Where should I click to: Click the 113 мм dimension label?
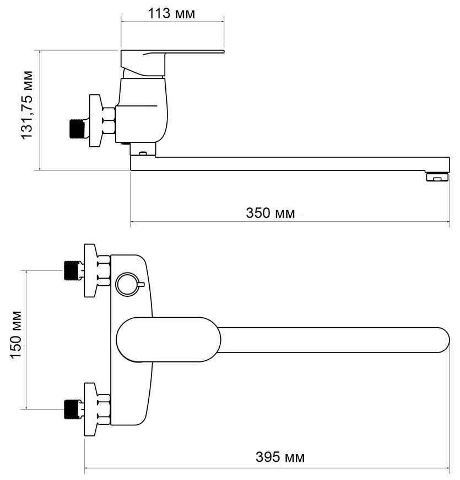coord(171,13)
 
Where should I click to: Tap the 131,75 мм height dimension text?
coord(26,105)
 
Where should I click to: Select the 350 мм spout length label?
coord(270,213)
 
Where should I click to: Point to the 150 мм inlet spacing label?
coord(16,334)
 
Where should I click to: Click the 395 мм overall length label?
coord(280,457)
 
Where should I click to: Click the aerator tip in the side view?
coord(437,177)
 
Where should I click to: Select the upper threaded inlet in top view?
coord(72,270)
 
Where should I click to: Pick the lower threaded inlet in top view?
coord(72,409)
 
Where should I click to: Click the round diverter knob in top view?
coord(127,284)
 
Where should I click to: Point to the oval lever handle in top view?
coord(169,339)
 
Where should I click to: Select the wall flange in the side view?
coord(95,121)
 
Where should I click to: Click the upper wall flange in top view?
coord(91,270)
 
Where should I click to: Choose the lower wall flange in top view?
coord(91,409)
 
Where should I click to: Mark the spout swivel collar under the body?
coord(143,150)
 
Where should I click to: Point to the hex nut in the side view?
coord(109,121)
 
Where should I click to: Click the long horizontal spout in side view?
coord(290,164)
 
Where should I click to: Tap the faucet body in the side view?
coord(142,110)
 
